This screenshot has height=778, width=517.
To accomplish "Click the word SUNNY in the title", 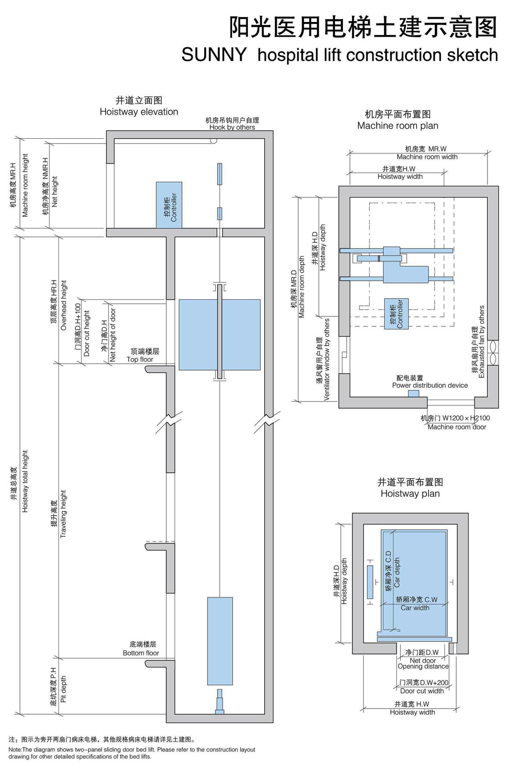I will pyautogui.click(x=214, y=55).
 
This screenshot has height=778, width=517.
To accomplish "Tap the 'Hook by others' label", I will pyautogui.click(x=232, y=128).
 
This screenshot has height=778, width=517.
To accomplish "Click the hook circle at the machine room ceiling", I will pyautogui.click(x=213, y=140).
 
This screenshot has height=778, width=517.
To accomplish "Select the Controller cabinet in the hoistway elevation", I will pyautogui.click(x=169, y=205).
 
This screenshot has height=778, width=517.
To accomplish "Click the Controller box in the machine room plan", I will pyautogui.click(x=396, y=314).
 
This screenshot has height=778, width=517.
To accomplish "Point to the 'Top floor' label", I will pyautogui.click(x=140, y=359).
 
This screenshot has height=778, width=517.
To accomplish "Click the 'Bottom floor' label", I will pyautogui.click(x=141, y=653).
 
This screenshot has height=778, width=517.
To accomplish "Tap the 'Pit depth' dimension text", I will pyautogui.click(x=63, y=689).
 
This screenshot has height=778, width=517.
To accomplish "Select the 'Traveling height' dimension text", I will pyautogui.click(x=63, y=514).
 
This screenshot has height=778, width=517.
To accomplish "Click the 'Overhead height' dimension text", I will pyautogui.click(x=64, y=305).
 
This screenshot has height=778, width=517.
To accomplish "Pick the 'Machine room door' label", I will pyautogui.click(x=457, y=427).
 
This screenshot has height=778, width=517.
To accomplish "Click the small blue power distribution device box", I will pyautogui.click(x=413, y=394).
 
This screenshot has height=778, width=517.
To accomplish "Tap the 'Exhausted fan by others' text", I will pyautogui.click(x=481, y=342).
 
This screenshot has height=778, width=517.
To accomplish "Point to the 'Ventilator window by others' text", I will pyautogui.click(x=327, y=359).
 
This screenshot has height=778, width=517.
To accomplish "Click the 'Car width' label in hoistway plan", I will pyautogui.click(x=415, y=608).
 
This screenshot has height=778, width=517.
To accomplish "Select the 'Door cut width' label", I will pyautogui.click(x=422, y=691).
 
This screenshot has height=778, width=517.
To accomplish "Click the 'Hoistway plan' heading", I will pyautogui.click(x=410, y=494).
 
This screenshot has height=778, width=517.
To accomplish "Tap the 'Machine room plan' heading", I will pyautogui.click(x=397, y=126).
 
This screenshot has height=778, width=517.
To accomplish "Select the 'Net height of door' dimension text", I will pyautogui.click(x=112, y=335).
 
